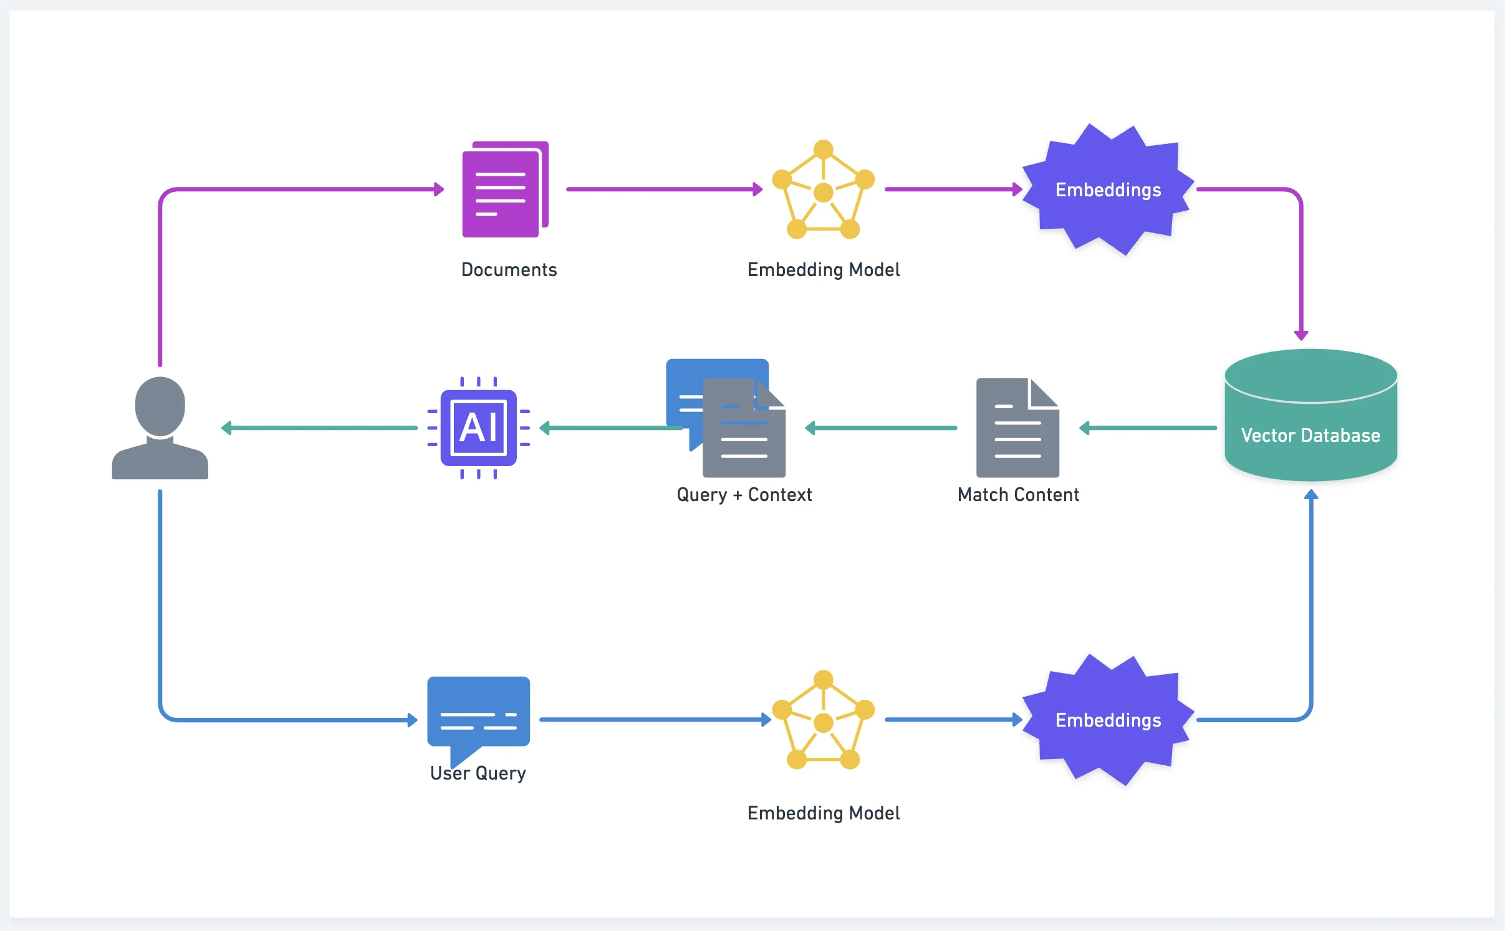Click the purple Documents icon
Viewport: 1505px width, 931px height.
pos(504,189)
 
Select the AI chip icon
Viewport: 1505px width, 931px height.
pos(478,428)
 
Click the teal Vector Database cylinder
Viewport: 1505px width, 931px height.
pos(1310,416)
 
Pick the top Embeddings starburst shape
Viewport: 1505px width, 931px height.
pos(1108,189)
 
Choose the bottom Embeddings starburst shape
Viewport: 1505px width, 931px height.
pos(1108,720)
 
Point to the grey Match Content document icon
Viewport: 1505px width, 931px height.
pos(1017,428)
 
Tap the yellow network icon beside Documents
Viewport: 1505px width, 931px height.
pos(823,189)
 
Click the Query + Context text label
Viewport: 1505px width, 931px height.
pos(744,495)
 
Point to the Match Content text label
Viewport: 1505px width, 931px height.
pos(1018,495)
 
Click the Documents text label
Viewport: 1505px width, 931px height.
pos(509,270)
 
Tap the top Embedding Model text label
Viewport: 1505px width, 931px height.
pos(823,270)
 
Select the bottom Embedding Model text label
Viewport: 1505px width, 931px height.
pos(823,813)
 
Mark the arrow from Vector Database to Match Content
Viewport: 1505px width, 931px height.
pos(1148,428)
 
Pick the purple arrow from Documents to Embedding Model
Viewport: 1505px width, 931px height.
pos(664,189)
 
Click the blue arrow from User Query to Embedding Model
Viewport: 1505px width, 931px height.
pos(655,720)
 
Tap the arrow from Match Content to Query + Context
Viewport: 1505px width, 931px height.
pos(880,428)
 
